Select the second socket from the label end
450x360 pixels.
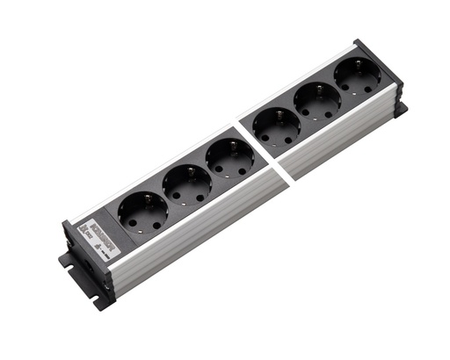click(186, 185)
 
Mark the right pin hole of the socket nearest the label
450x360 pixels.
click(156, 225)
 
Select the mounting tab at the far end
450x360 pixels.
click(401, 111)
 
